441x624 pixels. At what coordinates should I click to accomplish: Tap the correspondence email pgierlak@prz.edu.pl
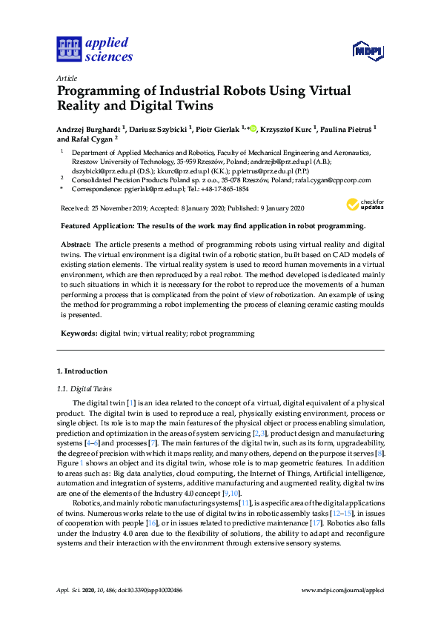tap(155, 189)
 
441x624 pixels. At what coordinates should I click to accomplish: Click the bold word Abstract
tap(75, 244)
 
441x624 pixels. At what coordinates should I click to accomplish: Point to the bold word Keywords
tap(78, 333)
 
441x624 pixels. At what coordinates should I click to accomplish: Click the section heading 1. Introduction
tap(82, 371)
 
